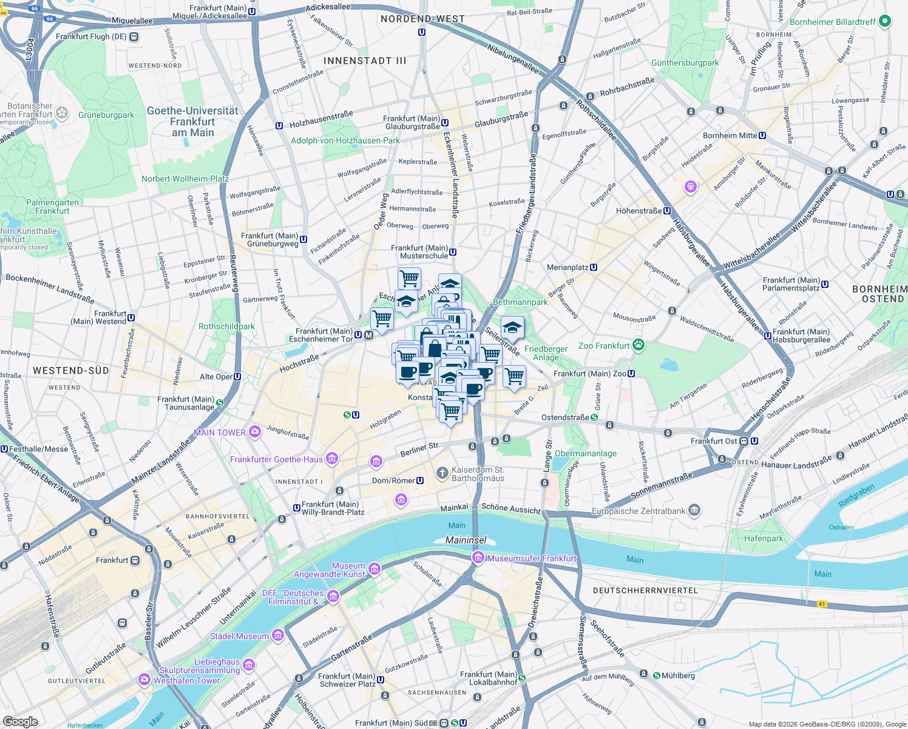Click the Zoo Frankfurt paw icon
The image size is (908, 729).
638,346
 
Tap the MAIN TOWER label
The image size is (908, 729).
220,433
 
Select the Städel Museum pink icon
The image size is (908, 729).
278,636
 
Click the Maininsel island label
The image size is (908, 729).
466,540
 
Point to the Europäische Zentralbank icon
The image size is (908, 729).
695,511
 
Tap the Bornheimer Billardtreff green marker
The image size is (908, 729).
885,22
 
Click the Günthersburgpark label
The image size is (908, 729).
685,63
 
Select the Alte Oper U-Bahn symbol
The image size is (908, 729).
237,377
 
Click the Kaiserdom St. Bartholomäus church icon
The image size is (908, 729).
442,473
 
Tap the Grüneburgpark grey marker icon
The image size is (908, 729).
82,114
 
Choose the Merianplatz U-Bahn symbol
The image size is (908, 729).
594,267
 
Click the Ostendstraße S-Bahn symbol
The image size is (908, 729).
594,417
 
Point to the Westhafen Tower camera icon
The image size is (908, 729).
144,679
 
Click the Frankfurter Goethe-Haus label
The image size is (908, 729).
276,459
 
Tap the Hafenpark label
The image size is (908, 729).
764,538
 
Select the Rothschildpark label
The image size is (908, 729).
226,326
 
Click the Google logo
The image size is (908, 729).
21,722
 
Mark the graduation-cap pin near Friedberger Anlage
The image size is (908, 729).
512,327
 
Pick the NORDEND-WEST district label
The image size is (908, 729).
422,19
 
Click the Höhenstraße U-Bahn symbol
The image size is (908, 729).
667,211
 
